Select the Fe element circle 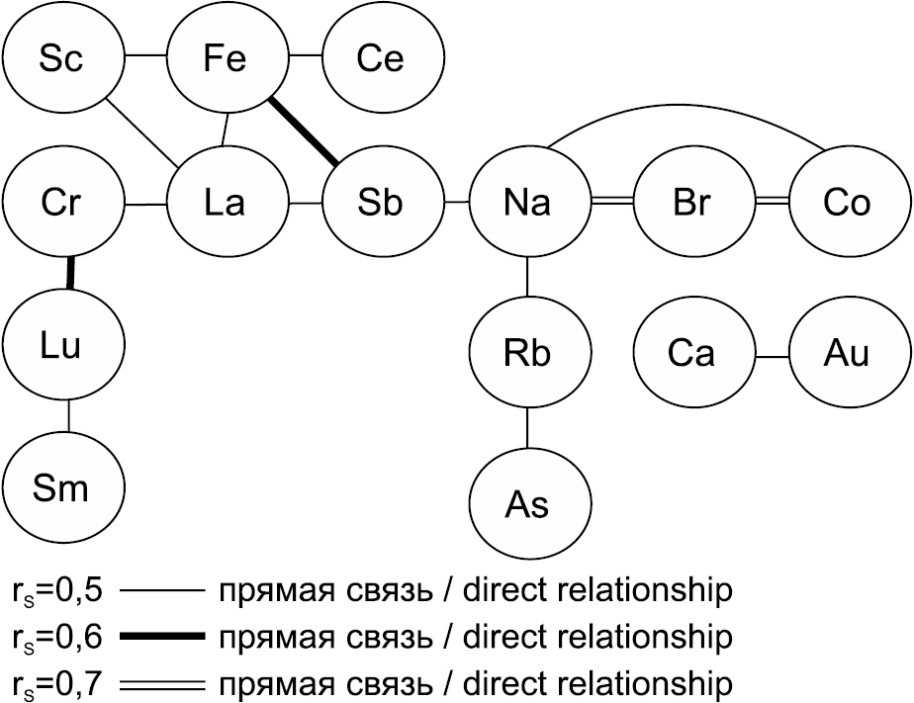tap(226, 59)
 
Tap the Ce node tap(381, 59)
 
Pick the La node tap(226, 205)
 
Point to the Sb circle tap(381, 205)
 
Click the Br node tap(691, 205)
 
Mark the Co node tap(846, 205)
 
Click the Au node tap(846, 353)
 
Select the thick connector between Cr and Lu tap(70, 273)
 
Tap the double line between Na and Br tap(609, 203)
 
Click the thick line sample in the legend tap(160, 636)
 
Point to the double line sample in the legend tap(160, 682)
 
